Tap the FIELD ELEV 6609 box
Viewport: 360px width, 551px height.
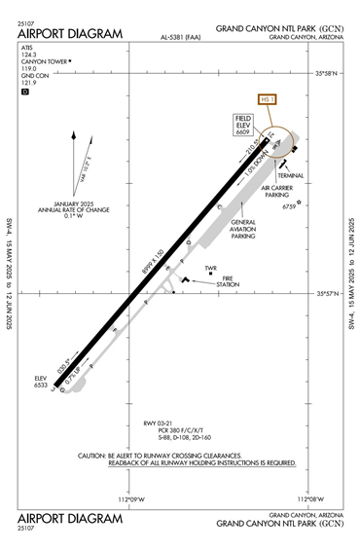coord(243,126)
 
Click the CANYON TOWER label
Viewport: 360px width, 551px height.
coord(43,60)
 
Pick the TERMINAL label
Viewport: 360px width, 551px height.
coord(290,175)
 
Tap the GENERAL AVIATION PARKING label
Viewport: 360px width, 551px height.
coord(243,229)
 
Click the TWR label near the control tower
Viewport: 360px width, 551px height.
coord(210,268)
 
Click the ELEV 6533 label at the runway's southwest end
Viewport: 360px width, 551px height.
coord(41,381)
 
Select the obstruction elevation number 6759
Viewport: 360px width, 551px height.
coord(288,206)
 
